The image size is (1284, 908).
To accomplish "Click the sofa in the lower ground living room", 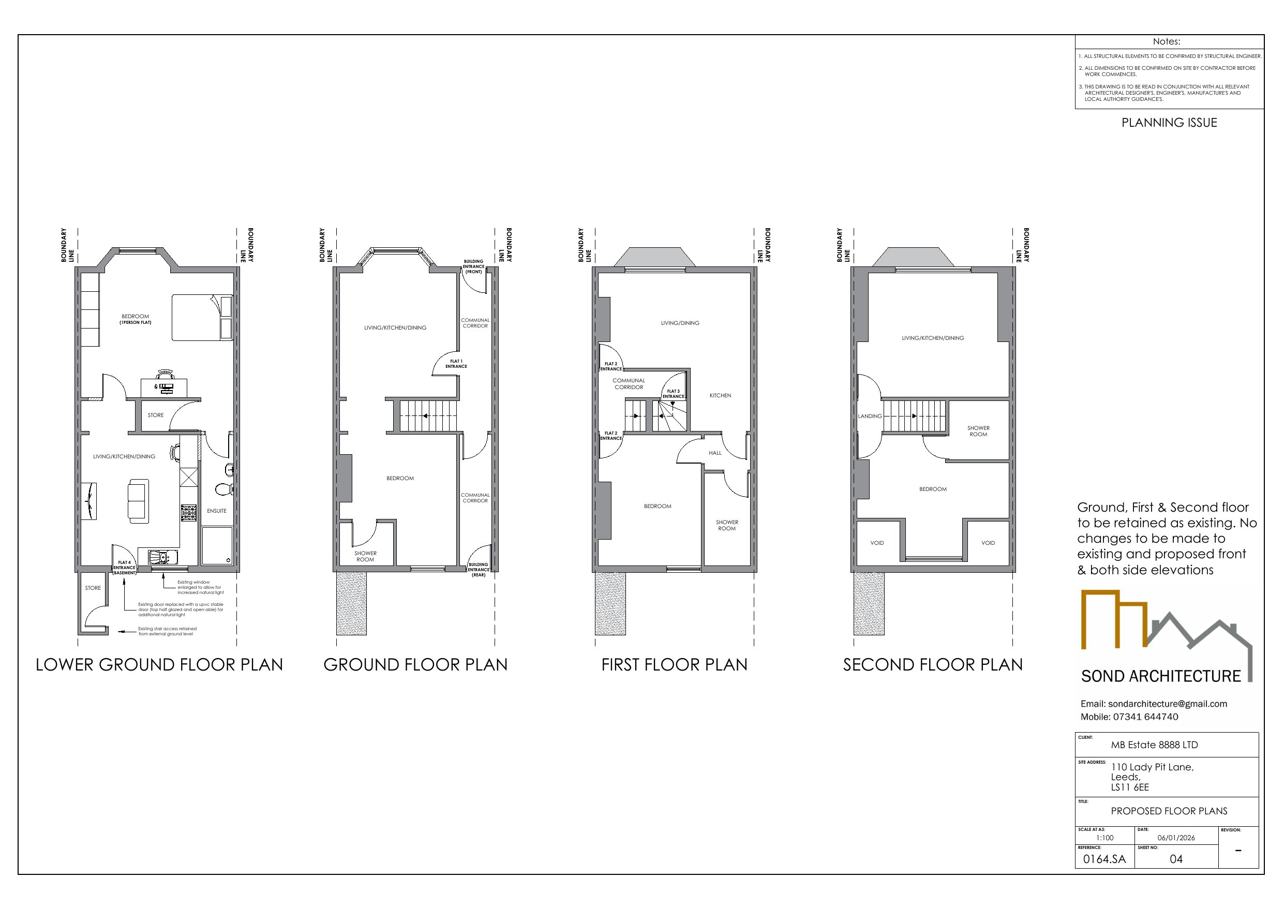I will click(x=138, y=501).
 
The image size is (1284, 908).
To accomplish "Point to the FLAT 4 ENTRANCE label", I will click(x=124, y=567).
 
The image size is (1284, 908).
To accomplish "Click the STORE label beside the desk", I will click(x=156, y=415).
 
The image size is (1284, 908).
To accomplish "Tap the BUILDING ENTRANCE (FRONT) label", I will click(x=473, y=266).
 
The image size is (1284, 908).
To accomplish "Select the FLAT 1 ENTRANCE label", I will click(x=456, y=364).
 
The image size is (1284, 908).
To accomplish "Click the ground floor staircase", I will click(x=428, y=415).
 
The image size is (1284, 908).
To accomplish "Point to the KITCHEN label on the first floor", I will click(x=720, y=396).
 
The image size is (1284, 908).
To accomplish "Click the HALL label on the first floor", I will click(x=715, y=453).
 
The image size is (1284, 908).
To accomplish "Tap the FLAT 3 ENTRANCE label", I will click(x=674, y=394).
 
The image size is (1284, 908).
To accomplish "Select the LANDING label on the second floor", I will click(x=870, y=416).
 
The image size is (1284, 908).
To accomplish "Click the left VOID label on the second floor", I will click(x=877, y=543).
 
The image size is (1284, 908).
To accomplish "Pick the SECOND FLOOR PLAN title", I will click(x=932, y=665).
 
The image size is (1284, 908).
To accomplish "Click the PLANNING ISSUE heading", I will click(x=1169, y=123).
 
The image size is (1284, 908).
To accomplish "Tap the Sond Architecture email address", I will click(x=1167, y=704).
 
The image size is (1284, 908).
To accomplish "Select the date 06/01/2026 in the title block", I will click(x=1176, y=838).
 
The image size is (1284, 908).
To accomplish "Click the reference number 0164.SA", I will click(x=1104, y=859).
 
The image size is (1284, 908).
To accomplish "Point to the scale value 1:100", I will click(x=1104, y=838).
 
